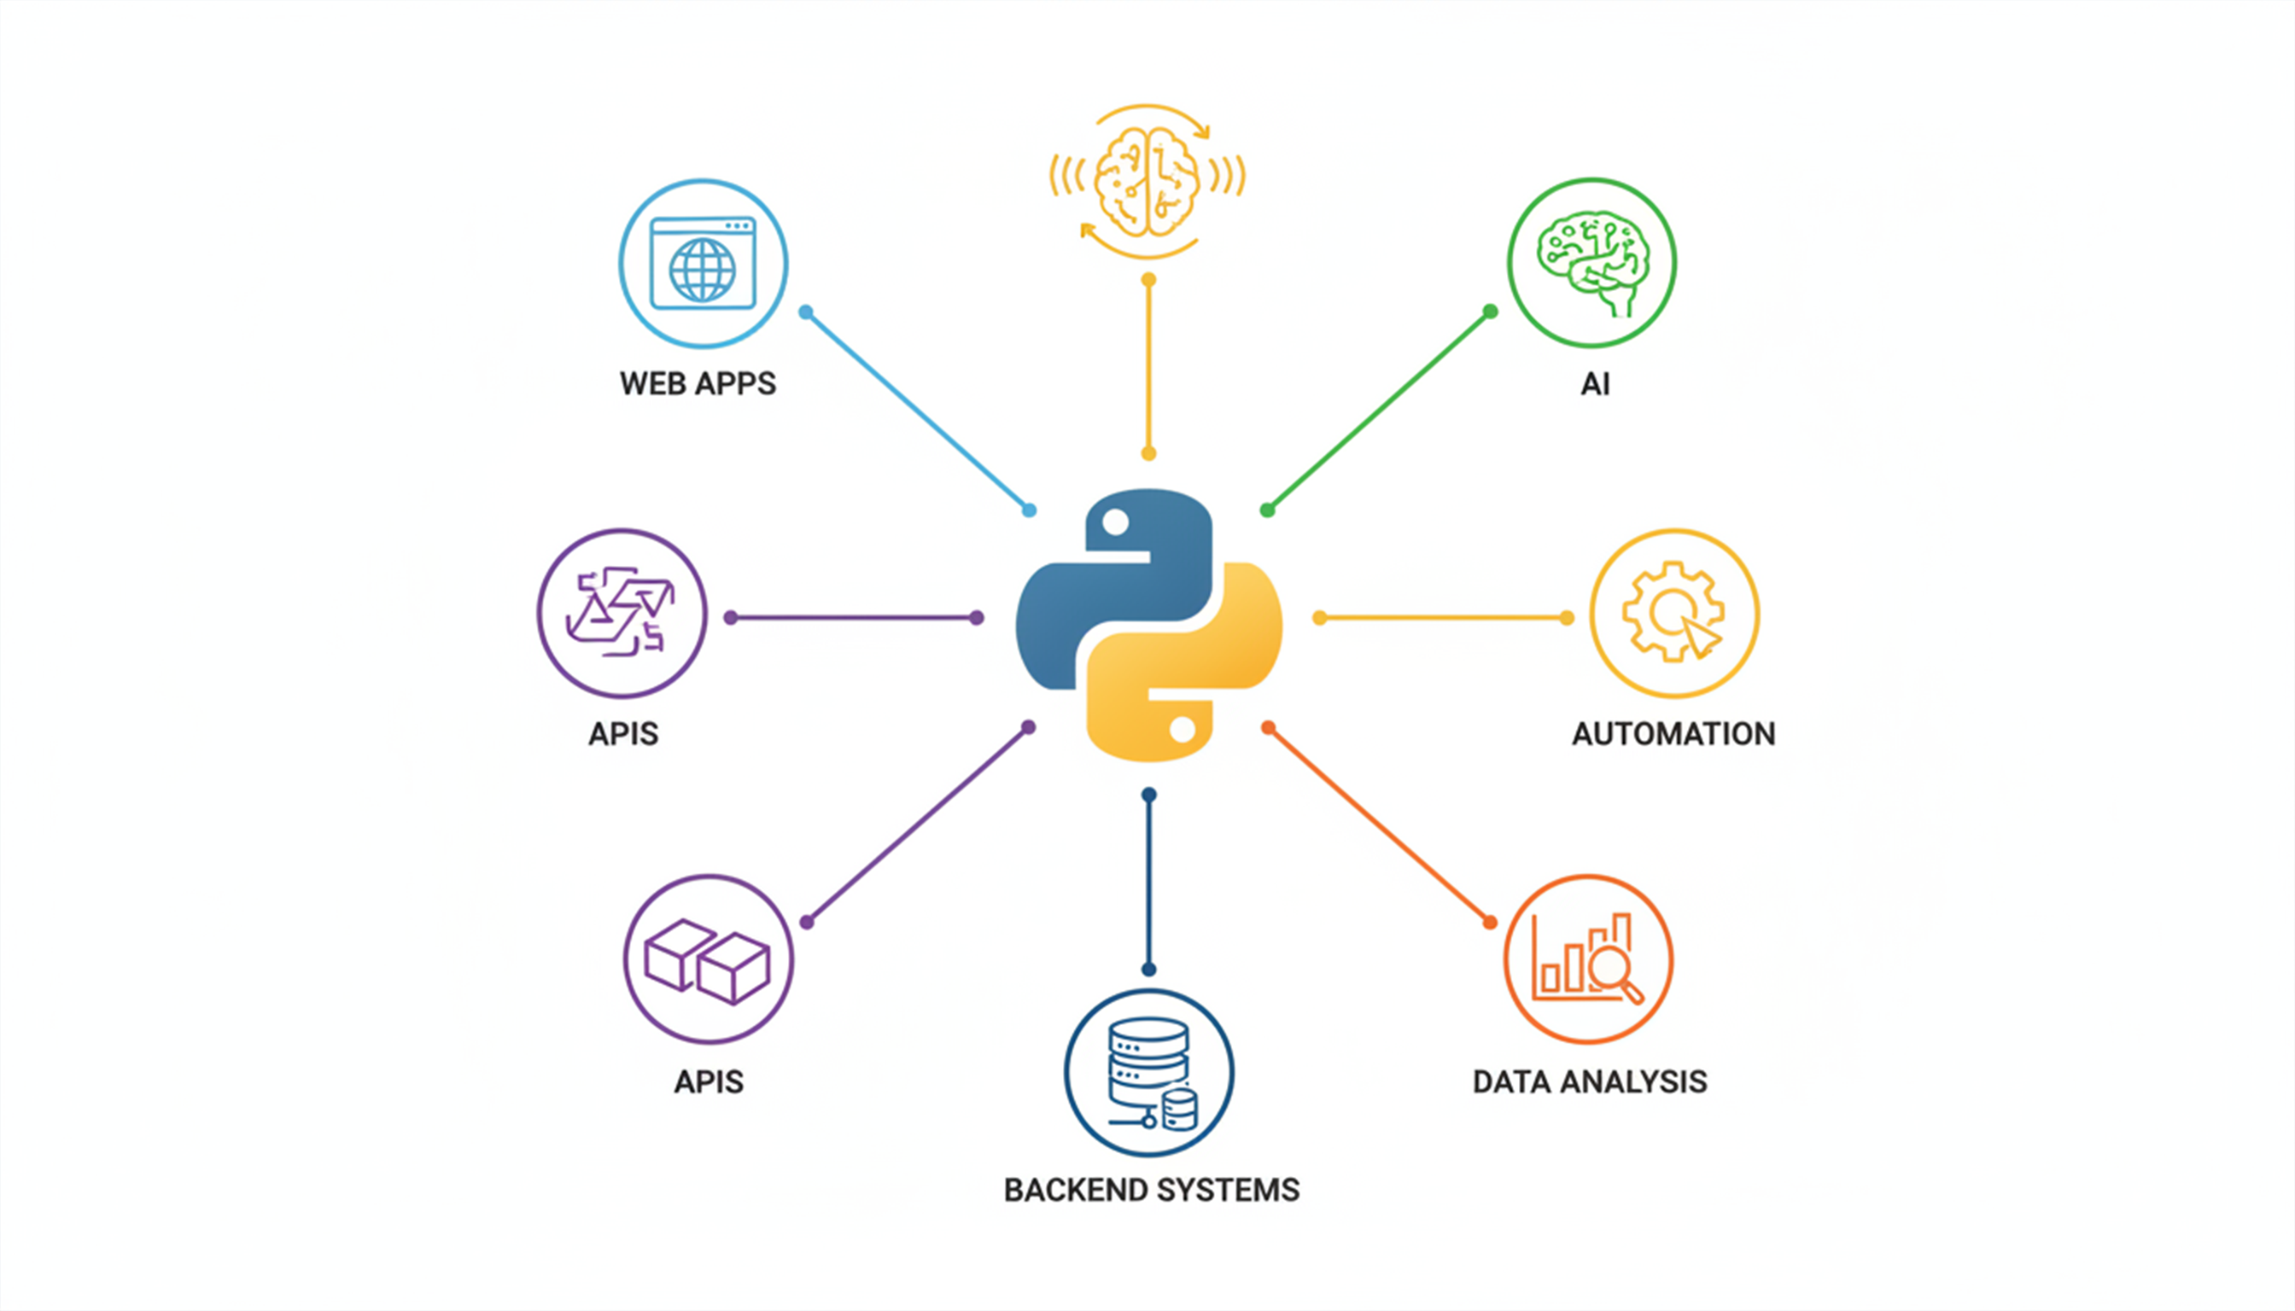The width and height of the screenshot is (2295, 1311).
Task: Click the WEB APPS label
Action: click(698, 383)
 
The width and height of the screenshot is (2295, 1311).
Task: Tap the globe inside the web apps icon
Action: click(702, 270)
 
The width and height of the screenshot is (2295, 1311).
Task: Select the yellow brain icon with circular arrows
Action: click(1147, 181)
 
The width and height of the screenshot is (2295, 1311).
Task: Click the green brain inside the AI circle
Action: click(1592, 259)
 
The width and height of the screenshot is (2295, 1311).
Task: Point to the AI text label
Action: click(1594, 384)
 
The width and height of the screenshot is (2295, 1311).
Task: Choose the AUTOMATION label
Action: click(1673, 734)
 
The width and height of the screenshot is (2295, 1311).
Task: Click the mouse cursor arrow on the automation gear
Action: click(1699, 637)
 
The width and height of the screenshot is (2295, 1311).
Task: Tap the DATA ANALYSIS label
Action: click(1590, 1081)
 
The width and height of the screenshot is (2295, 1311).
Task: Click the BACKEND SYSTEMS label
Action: click(1151, 1191)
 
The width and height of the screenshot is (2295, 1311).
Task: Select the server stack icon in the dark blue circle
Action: click(1149, 1071)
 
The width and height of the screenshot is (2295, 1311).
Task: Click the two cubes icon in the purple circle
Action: click(708, 961)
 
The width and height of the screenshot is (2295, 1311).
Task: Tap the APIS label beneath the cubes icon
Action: click(709, 1081)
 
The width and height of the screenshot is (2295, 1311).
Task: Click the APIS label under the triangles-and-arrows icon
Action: click(623, 734)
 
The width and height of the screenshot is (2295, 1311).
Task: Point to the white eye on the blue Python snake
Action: click(1115, 522)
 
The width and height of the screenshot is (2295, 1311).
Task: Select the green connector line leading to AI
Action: click(1378, 411)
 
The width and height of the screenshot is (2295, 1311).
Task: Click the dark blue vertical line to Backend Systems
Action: click(1148, 883)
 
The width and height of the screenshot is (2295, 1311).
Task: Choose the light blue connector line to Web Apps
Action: click(917, 411)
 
